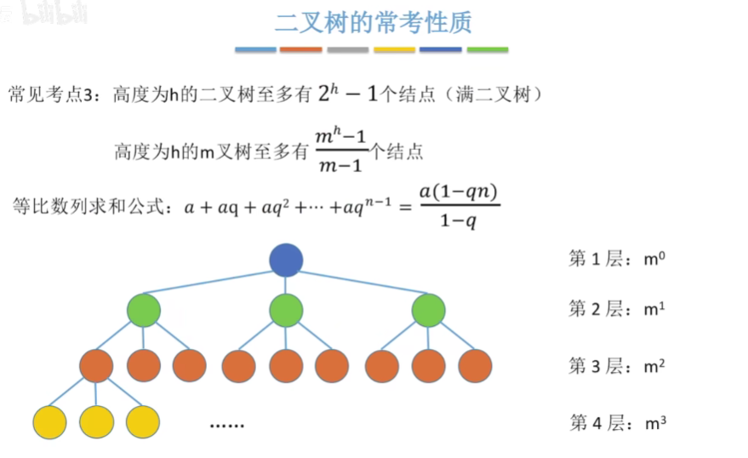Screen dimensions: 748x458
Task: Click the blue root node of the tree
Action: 286,260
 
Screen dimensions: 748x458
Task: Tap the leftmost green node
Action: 144,310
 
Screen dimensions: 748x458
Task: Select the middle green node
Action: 286,310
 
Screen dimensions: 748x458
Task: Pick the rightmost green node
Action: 429,310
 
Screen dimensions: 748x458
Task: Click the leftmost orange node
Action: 96,365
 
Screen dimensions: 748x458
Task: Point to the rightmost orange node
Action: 475,365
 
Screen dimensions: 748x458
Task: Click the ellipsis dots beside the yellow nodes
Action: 226,424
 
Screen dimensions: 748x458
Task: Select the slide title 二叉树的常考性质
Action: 373,22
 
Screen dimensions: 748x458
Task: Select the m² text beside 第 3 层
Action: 654,366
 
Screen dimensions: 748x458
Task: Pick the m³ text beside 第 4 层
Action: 654,422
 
